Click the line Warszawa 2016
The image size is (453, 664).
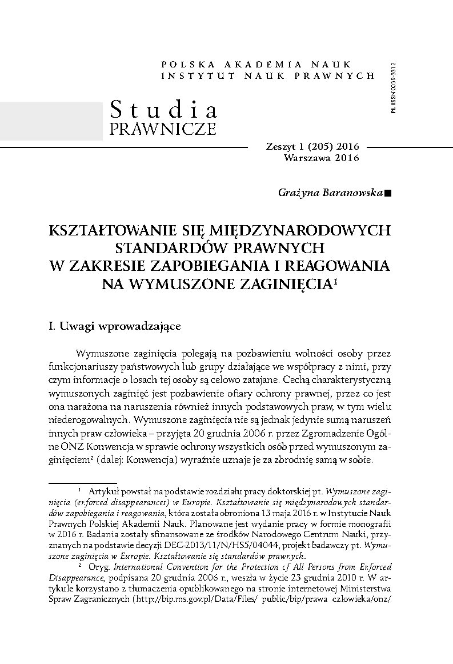[321, 158]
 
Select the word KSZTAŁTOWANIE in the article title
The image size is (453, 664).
[120, 230]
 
